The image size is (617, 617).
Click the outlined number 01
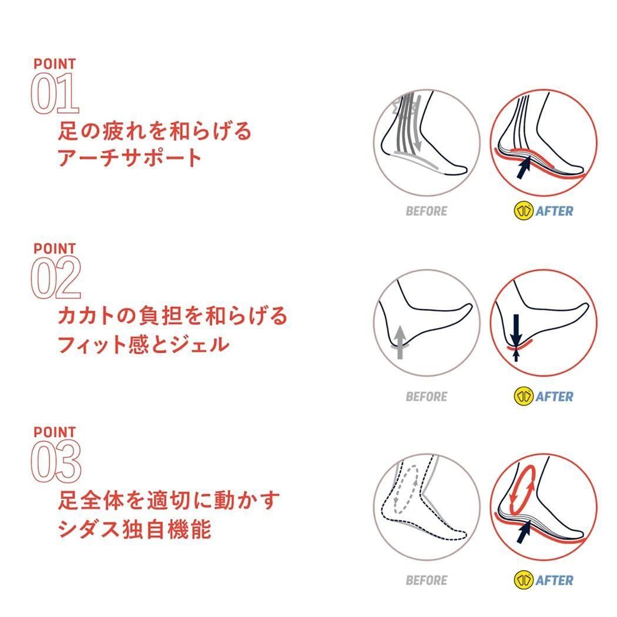click(55, 93)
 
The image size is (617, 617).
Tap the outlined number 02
click(56, 277)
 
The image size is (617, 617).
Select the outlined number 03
click(56, 461)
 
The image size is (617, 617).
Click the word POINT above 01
click(54, 63)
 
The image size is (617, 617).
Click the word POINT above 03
click(54, 432)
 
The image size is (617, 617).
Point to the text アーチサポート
click(129, 158)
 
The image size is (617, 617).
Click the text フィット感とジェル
click(143, 344)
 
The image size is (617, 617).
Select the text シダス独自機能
click(135, 528)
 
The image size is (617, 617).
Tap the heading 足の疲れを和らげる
click(155, 130)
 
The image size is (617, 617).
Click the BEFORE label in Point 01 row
click(427, 212)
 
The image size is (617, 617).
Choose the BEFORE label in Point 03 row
click(427, 580)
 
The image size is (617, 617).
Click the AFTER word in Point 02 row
click(554, 396)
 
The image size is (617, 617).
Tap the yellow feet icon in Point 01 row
click(524, 211)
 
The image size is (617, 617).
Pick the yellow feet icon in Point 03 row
click(524, 579)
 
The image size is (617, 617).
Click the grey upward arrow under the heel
click(400, 342)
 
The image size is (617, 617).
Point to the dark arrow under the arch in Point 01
click(524, 167)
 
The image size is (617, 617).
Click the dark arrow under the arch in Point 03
click(524, 531)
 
